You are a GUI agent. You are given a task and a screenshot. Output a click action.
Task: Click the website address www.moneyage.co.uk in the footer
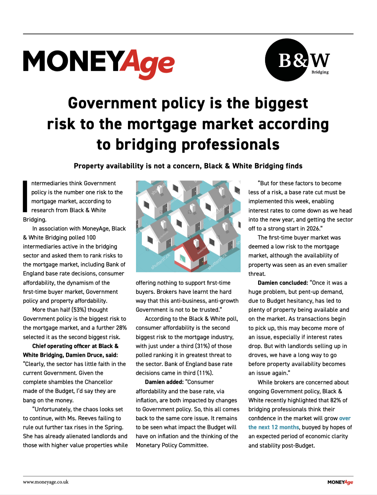(46, 482)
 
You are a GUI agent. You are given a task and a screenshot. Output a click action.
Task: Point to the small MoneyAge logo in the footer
(340, 482)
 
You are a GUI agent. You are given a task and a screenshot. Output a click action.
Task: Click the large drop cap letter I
(25, 196)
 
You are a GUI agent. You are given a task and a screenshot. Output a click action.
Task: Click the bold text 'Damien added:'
(164, 382)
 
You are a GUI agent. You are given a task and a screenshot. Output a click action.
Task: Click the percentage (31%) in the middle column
(201, 346)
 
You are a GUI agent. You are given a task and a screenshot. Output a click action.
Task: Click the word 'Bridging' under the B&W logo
(320, 72)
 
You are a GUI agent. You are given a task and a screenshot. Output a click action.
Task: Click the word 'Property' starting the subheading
(89, 166)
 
